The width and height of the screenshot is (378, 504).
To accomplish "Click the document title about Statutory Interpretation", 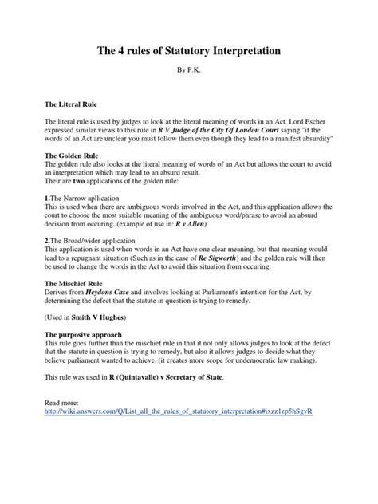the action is coord(189,51).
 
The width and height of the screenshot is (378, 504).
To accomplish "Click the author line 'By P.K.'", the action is coord(189,72).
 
